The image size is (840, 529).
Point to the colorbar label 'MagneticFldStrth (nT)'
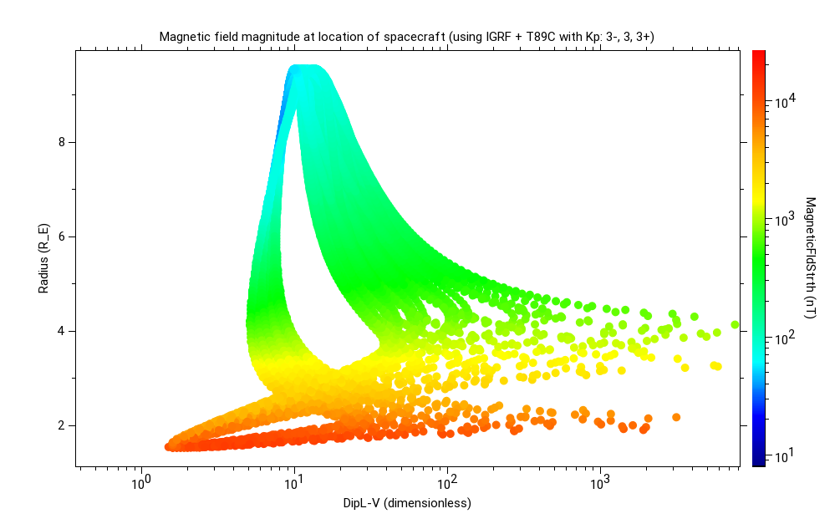(x=810, y=257)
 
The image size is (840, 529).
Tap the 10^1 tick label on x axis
(x=294, y=483)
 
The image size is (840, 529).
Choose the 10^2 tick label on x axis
(x=448, y=483)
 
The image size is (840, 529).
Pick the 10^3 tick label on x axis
(x=601, y=483)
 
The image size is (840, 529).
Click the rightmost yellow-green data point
(x=735, y=324)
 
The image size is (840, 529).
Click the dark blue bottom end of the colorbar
(x=759, y=461)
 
